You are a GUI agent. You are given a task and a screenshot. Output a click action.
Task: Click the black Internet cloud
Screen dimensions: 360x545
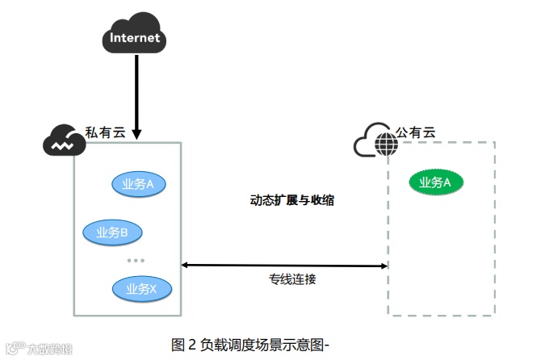(x=135, y=34)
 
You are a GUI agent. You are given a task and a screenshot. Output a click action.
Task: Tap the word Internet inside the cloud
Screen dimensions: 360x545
(x=135, y=38)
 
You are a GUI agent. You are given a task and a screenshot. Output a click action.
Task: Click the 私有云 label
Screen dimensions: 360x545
(x=106, y=132)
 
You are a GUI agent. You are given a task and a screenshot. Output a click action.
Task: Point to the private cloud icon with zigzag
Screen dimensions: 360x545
(x=63, y=142)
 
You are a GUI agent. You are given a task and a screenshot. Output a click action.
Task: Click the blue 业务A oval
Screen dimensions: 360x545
(x=138, y=185)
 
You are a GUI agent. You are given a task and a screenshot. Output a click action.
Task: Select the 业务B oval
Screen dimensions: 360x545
(x=112, y=232)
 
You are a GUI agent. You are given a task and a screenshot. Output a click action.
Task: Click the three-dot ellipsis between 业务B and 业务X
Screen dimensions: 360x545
(x=135, y=260)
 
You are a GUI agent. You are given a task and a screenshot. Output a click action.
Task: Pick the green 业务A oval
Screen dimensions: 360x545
(x=435, y=183)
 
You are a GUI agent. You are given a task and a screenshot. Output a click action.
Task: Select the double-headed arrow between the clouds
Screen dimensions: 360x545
(x=284, y=265)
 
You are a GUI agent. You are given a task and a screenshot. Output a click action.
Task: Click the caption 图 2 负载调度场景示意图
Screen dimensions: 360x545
(x=250, y=345)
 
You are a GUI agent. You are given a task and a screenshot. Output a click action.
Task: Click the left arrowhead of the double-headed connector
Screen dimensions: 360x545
(x=185, y=264)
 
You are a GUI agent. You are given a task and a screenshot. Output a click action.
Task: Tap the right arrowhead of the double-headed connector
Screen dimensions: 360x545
(x=384, y=266)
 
